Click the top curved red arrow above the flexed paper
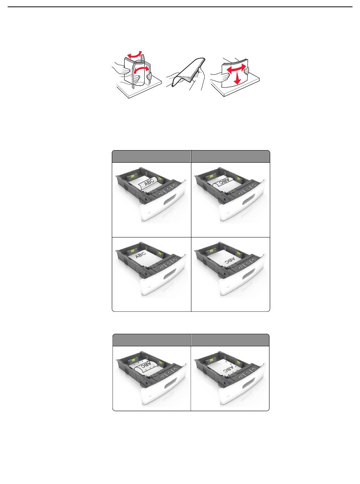pos(135,55)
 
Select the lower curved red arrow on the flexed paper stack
pos(141,70)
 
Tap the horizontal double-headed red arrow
pos(236,69)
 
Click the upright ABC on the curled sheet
pos(149,182)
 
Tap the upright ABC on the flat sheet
pos(141,255)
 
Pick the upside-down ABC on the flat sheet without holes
pos(230,260)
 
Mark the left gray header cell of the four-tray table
pos(151,156)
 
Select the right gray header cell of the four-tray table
pos(230,156)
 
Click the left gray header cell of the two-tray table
pos(152,340)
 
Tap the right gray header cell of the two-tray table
pos(230,340)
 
